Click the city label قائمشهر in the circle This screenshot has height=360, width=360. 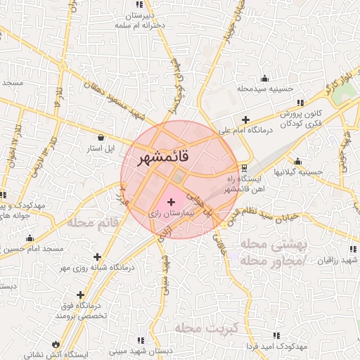(160, 158)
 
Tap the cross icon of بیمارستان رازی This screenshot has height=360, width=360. (172, 202)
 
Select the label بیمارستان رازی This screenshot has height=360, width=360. (172, 212)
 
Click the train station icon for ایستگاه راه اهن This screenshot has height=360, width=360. (244, 168)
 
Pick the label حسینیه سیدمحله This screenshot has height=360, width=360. (264, 89)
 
